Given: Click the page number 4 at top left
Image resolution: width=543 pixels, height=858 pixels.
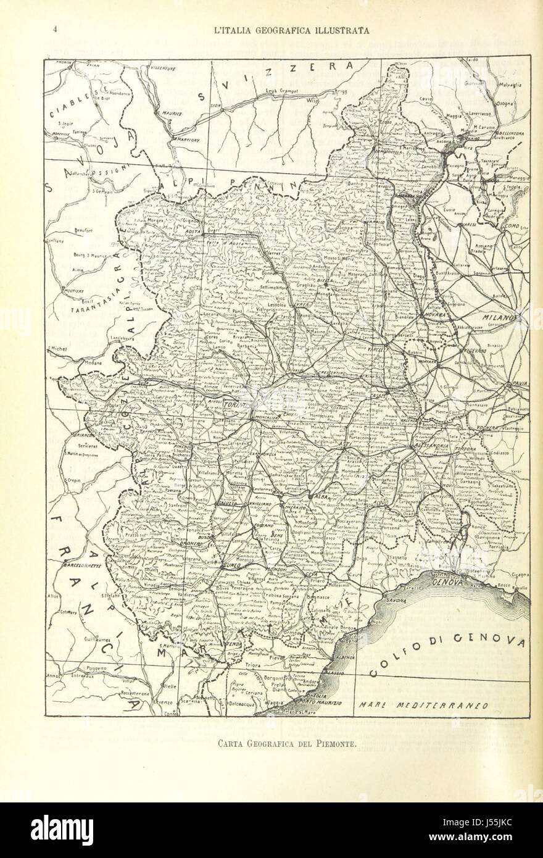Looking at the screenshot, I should pyautogui.click(x=55, y=29).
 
